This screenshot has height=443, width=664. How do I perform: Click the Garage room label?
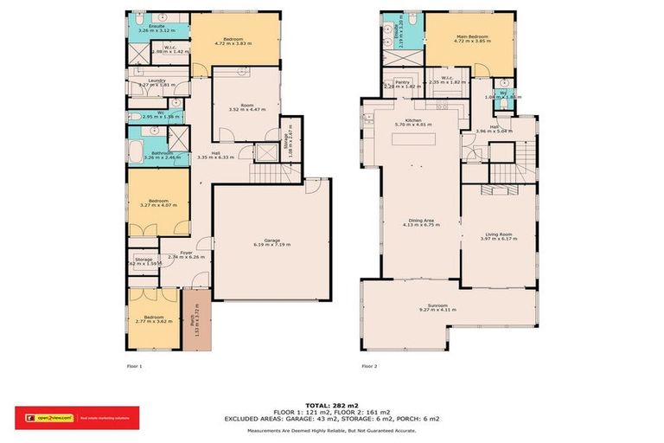pyautogui.click(x=271, y=242)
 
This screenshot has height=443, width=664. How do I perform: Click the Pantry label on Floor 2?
pyautogui.click(x=402, y=85)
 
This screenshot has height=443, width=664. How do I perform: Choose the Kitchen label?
pyautogui.click(x=412, y=122)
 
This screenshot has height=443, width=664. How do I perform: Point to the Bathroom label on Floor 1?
pyautogui.click(x=145, y=155)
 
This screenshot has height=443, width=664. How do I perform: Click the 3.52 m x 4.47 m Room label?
pyautogui.click(x=246, y=106)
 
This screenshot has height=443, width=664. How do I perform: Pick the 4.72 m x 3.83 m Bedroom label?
pyautogui.click(x=234, y=41)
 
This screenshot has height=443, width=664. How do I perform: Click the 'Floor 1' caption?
pyautogui.click(x=134, y=366)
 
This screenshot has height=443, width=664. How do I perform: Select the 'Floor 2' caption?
pyautogui.click(x=369, y=366)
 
